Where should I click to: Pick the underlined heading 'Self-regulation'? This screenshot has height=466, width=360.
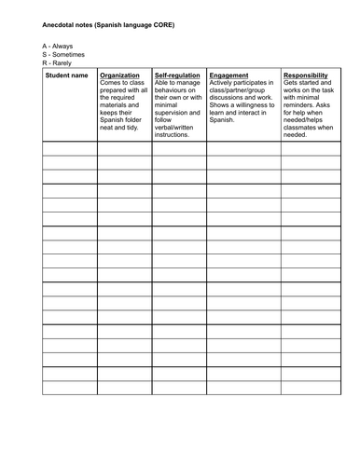click(178, 75)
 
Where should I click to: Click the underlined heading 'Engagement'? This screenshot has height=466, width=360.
click(229, 75)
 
